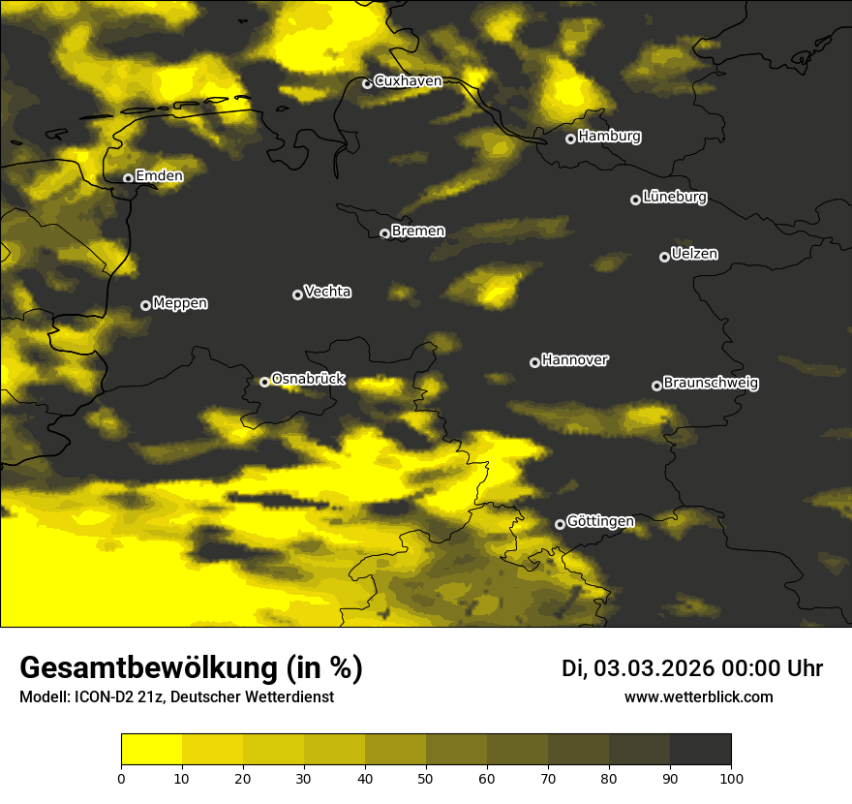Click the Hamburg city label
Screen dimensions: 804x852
[609, 137]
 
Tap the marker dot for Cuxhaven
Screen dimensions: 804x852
[367, 83]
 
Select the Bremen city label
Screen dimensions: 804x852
[418, 232]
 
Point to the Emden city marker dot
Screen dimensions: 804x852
[128, 178]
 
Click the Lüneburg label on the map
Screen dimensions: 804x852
[674, 198]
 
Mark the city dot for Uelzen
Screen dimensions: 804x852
[664, 257]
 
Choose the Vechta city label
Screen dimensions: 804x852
[327, 292]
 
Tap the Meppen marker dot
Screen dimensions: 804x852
[145, 305]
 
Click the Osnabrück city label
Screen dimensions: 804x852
[308, 379]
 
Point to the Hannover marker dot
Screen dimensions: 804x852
[534, 362]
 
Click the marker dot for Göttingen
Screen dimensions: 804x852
[560, 524]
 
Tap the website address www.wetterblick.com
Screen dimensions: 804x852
[698, 696]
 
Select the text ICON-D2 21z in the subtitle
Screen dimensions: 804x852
[114, 696]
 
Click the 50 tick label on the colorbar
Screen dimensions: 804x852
[426, 778]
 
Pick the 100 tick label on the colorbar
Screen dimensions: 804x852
[731, 778]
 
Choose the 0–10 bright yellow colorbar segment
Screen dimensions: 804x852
[152, 750]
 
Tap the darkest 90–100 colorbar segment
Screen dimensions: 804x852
[700, 750]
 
